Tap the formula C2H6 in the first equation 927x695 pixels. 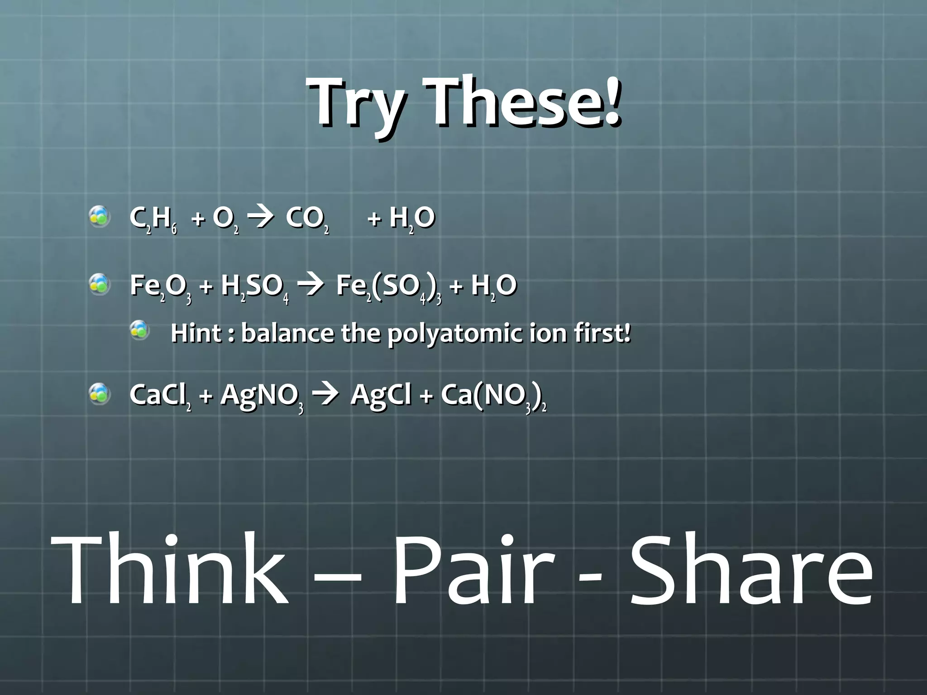point(153,220)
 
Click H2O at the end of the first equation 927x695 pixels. point(411,219)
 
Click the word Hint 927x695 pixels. point(196,333)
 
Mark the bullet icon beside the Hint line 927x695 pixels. point(139,330)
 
